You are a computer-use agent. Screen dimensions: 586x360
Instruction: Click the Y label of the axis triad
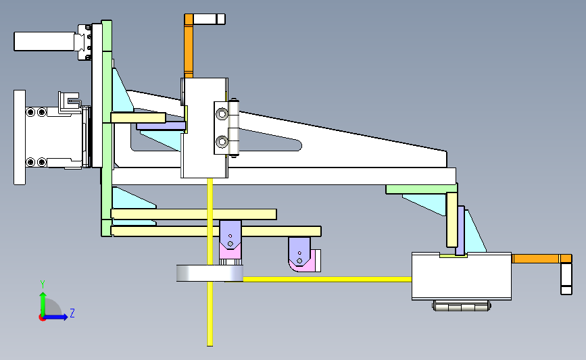[x=43, y=284]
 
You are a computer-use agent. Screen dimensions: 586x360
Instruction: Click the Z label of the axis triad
[x=72, y=313]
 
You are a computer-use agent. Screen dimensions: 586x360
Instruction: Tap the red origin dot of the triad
[x=42, y=318]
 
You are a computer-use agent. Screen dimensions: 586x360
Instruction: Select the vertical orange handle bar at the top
[x=189, y=46]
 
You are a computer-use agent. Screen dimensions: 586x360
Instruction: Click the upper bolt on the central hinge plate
[x=222, y=113]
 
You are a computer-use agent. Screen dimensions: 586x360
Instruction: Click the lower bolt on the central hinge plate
[x=222, y=142]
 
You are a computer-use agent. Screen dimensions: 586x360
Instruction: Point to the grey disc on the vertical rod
[x=210, y=273]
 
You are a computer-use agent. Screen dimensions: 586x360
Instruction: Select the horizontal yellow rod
[x=327, y=279]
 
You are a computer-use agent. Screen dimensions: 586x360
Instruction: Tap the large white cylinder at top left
[x=44, y=41]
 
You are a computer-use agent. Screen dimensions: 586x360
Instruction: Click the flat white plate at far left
[x=20, y=137]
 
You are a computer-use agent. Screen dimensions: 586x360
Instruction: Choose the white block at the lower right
[x=462, y=276]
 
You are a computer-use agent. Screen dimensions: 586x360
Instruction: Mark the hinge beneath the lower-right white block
[x=462, y=306]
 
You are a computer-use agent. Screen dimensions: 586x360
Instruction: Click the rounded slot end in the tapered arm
[x=298, y=145]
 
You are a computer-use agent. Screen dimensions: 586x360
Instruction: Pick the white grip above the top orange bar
[x=210, y=19]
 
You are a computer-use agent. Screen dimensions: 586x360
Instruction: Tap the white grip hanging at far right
[x=566, y=278]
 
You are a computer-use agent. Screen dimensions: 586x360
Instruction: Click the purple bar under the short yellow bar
[x=161, y=126]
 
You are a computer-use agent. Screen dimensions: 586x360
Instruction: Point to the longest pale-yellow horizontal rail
[x=216, y=231]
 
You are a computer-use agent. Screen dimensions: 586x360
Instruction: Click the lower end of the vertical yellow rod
[x=210, y=345]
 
